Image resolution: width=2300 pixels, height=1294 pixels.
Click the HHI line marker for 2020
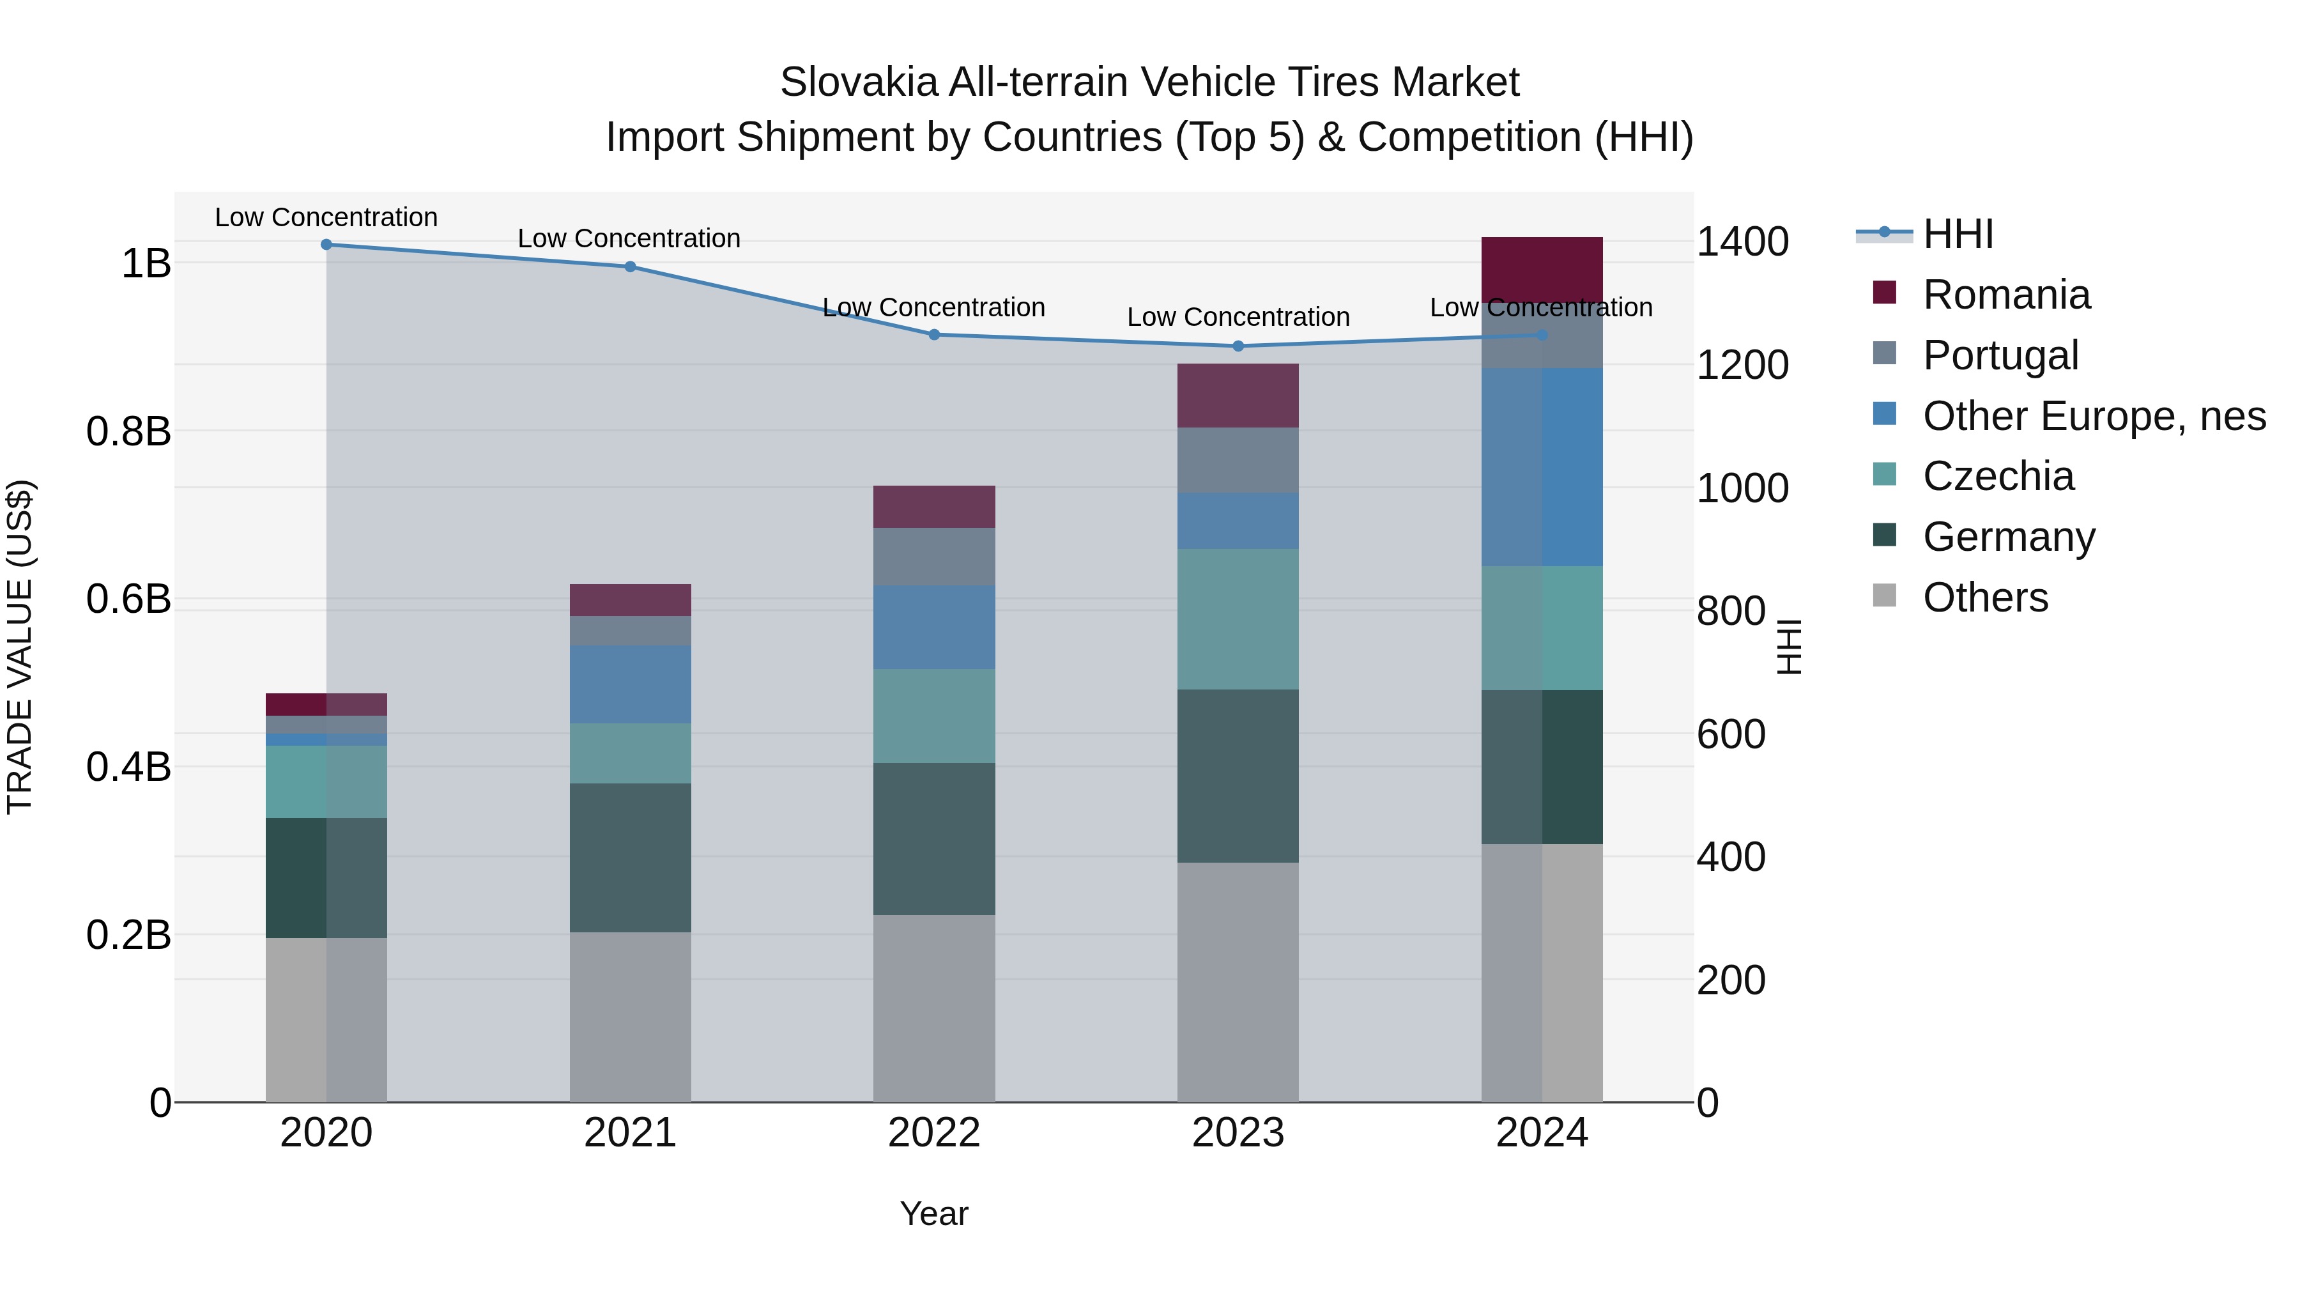tap(326, 245)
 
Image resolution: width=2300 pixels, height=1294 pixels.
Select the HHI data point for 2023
tap(1238, 346)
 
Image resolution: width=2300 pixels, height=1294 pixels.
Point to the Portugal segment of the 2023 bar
tap(1238, 460)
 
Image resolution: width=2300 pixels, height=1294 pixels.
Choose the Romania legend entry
tap(2005, 295)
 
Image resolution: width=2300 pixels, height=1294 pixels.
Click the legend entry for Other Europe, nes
tap(2093, 416)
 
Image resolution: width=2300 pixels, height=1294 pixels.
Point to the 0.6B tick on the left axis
tap(128, 599)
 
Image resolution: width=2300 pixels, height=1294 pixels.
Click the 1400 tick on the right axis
tap(1741, 242)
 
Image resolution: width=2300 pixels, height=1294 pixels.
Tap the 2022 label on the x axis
tap(934, 1133)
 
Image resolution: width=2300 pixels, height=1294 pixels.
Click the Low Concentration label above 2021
tap(629, 238)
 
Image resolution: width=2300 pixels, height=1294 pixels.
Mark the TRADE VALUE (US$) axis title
tap(20, 647)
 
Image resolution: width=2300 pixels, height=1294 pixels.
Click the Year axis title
tap(934, 1213)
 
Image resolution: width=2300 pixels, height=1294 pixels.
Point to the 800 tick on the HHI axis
tap(1730, 612)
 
